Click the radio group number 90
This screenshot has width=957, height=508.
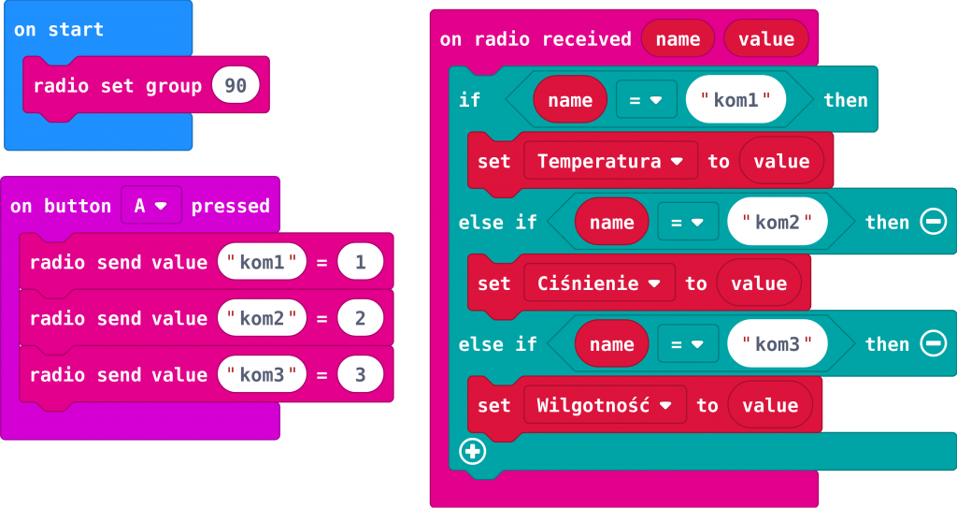[236, 86]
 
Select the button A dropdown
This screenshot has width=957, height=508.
[150, 206]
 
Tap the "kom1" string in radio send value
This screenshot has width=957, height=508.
[262, 263]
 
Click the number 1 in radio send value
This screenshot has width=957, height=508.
[361, 263]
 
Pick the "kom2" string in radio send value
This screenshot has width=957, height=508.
[262, 319]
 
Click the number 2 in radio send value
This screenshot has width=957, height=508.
[361, 319]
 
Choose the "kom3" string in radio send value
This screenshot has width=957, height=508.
[262, 375]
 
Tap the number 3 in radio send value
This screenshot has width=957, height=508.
[361, 375]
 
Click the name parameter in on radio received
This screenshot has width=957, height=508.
[678, 38]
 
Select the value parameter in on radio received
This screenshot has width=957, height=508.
[765, 38]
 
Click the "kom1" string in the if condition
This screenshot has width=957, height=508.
[736, 100]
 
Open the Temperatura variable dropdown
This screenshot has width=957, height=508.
[610, 161]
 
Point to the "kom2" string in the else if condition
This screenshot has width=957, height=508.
[778, 223]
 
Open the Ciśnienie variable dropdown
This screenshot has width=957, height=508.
[599, 283]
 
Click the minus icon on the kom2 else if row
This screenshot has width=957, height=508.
[933, 222]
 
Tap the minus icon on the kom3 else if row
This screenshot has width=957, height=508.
[933, 344]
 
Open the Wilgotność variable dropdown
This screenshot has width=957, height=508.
[605, 405]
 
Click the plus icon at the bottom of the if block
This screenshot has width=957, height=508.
[473, 452]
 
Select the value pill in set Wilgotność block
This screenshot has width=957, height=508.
[770, 405]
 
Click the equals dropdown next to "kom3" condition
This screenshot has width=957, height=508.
[687, 344]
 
